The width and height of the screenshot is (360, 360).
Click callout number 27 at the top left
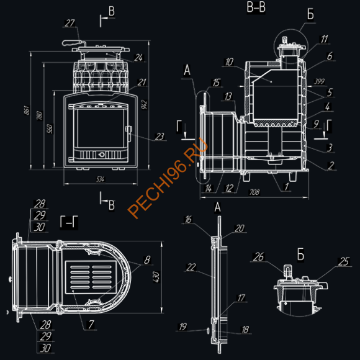[x=70, y=23]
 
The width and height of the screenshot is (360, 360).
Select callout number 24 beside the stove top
[x=138, y=58]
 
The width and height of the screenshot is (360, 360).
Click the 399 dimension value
[x=320, y=81]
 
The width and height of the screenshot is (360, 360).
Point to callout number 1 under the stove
[x=286, y=186]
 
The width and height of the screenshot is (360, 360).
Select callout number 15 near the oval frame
[x=215, y=83]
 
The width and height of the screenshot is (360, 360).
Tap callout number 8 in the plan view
[x=146, y=259]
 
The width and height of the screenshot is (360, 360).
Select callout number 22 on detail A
[x=192, y=266]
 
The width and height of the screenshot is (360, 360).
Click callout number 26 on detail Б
[x=260, y=256]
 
